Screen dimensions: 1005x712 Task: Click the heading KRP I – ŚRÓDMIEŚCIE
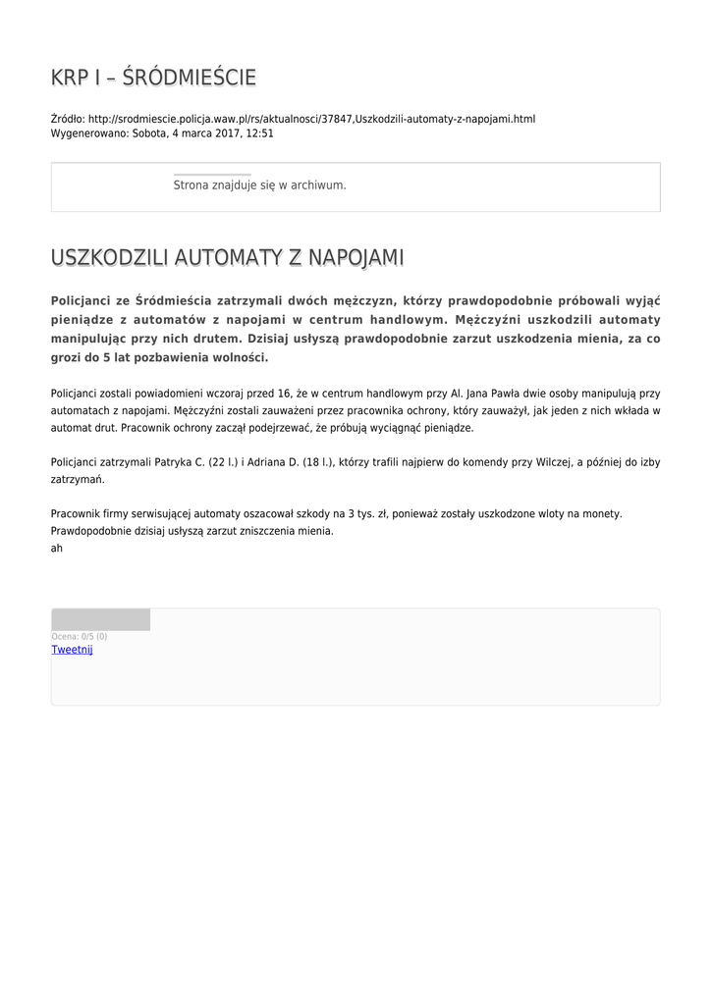point(153,78)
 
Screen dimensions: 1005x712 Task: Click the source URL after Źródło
point(311,119)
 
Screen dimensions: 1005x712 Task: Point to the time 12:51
point(259,133)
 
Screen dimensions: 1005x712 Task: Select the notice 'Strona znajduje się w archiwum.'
point(259,185)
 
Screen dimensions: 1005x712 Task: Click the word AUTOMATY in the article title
point(225,257)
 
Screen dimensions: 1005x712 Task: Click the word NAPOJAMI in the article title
point(355,257)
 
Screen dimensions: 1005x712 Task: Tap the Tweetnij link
point(72,650)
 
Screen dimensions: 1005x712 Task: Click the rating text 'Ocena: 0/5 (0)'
point(80,637)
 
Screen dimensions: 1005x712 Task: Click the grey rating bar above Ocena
point(100,619)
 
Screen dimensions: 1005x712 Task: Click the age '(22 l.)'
point(223,462)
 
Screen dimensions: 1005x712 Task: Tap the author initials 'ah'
point(57,549)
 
